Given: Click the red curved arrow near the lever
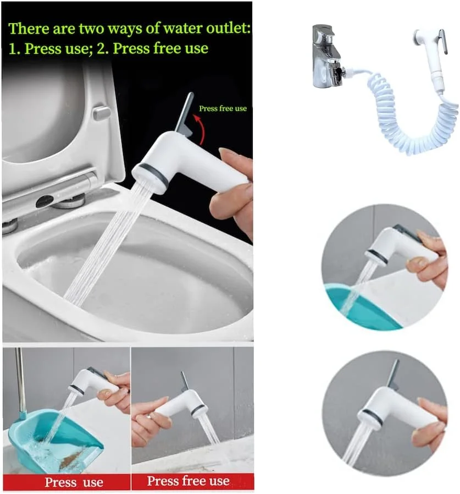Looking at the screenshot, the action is tap(202, 129).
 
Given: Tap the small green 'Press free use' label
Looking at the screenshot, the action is tap(223, 109).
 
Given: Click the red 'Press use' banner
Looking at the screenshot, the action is tap(66, 482).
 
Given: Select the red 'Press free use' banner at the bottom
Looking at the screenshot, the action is tap(192, 481).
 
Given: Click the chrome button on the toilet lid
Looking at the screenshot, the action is tap(101, 113).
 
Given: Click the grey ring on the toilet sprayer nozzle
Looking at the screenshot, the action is tap(151, 175).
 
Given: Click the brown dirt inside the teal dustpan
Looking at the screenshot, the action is tap(71, 460).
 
